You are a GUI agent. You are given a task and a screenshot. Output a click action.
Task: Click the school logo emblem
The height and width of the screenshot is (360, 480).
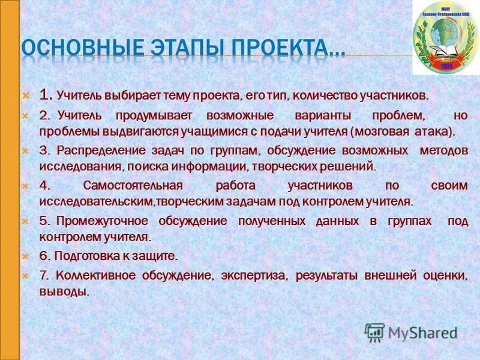point(445,37)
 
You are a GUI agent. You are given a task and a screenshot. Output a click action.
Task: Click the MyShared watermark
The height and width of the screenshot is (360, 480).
point(411,332)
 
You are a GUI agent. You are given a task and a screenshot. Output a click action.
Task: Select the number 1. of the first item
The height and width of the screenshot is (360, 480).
point(46,95)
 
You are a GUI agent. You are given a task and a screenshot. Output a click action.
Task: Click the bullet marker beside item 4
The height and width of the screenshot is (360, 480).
point(26,186)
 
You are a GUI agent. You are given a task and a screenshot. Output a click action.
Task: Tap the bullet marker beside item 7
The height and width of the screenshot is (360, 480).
point(26,275)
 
